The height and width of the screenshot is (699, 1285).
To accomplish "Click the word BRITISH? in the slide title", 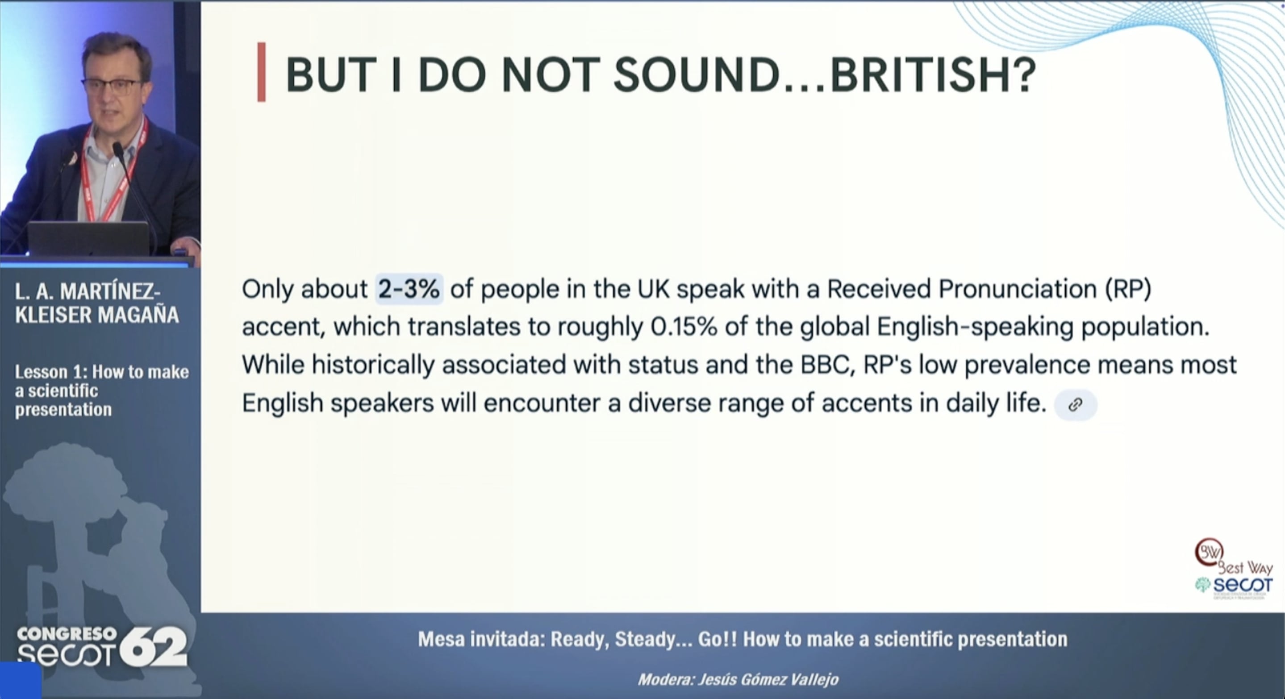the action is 933,75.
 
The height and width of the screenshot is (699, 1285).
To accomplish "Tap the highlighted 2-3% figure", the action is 409,289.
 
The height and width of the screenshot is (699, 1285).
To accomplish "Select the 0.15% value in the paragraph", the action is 684,327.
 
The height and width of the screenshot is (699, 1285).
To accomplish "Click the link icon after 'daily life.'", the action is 1075,404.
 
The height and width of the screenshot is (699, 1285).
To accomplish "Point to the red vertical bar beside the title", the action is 261,72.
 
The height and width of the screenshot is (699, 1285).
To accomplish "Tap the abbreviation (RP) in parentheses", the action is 1128,290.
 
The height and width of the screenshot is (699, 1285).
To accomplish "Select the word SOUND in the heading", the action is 696,75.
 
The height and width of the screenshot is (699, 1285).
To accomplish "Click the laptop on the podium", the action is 88,239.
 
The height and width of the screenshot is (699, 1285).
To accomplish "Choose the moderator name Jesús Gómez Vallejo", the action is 768,679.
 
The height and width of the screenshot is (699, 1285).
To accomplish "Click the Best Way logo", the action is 1232,558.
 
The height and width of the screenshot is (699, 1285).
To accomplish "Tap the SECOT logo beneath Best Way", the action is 1234,587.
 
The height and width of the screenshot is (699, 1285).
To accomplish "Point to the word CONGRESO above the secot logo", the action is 67,634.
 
